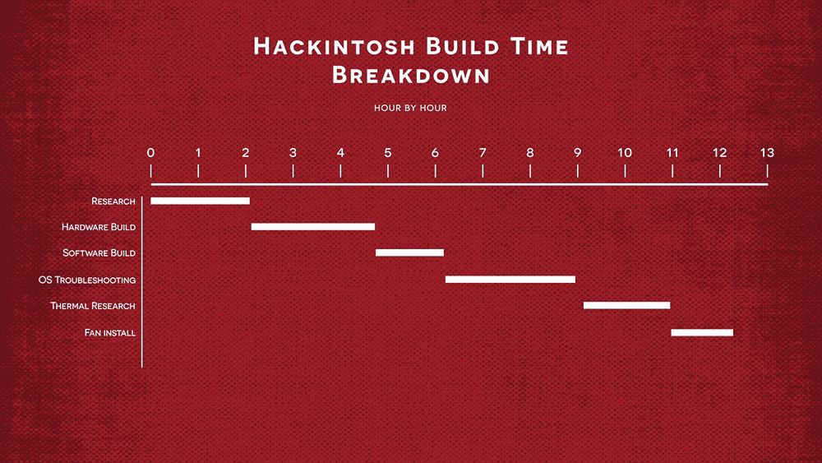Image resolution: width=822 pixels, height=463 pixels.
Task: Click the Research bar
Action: coord(201,201)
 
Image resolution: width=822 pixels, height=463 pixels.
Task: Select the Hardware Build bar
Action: coord(313,226)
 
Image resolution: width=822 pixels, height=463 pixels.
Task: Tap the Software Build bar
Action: coord(409,252)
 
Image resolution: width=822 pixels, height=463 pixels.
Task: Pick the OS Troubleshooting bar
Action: coord(510,280)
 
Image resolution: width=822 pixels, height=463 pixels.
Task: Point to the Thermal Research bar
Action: coord(626,305)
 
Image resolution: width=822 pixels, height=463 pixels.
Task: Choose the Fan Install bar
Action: coord(702,332)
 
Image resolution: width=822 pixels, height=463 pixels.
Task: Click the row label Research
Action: coord(113,201)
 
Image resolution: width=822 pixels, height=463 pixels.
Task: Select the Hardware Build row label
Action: coord(99,227)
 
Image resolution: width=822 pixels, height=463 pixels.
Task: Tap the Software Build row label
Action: coord(99,253)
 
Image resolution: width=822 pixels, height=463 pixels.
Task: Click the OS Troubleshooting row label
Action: coord(87,280)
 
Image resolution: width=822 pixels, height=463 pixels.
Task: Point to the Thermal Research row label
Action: coord(93,306)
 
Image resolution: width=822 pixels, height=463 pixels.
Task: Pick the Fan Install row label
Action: coord(110,333)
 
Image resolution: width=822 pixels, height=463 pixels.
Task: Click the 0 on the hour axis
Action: coord(151,153)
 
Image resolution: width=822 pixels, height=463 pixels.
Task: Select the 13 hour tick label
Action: coord(767,153)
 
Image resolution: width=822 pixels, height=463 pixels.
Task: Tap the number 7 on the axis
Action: coord(483,153)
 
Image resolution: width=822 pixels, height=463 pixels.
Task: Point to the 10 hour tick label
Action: coord(625,153)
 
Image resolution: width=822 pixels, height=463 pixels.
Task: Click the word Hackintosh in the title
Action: coord(335,46)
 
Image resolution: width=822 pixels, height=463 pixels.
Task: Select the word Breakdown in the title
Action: coord(411,75)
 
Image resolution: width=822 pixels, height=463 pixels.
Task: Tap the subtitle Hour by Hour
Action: coord(410,108)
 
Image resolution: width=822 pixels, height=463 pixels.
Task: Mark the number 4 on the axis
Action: coord(340,153)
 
